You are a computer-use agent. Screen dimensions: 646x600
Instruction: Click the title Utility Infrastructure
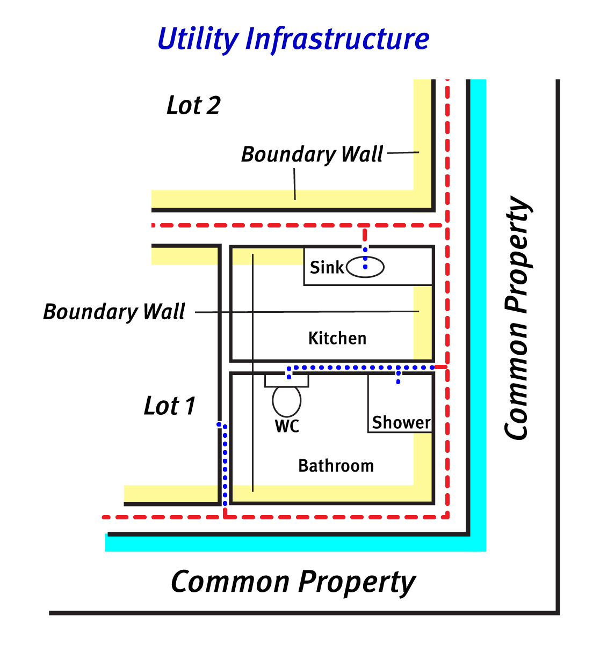(x=293, y=39)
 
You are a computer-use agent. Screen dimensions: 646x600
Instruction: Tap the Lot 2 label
(x=193, y=106)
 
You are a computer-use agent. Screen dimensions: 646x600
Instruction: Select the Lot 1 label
(x=170, y=406)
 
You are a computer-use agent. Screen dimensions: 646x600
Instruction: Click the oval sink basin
(x=365, y=267)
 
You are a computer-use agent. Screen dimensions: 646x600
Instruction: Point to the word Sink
(x=326, y=267)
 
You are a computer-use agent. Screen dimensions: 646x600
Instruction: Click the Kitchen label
(x=337, y=339)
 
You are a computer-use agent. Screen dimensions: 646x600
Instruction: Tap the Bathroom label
(x=336, y=466)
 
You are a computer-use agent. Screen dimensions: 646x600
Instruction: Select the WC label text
(x=287, y=427)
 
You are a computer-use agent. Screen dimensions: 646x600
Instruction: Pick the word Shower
(x=401, y=423)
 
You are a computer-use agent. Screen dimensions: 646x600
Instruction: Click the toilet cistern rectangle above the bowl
(x=287, y=380)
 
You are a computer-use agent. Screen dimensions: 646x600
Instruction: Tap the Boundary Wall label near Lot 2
(x=312, y=155)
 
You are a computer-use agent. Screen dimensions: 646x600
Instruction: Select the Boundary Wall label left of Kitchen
(x=114, y=312)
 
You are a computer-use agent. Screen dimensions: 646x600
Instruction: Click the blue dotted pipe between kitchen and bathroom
(x=360, y=368)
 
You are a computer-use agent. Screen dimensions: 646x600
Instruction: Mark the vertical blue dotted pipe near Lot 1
(x=225, y=464)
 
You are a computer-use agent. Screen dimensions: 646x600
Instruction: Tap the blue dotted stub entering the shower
(x=398, y=376)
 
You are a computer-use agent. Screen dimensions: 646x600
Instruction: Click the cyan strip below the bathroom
(x=295, y=544)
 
